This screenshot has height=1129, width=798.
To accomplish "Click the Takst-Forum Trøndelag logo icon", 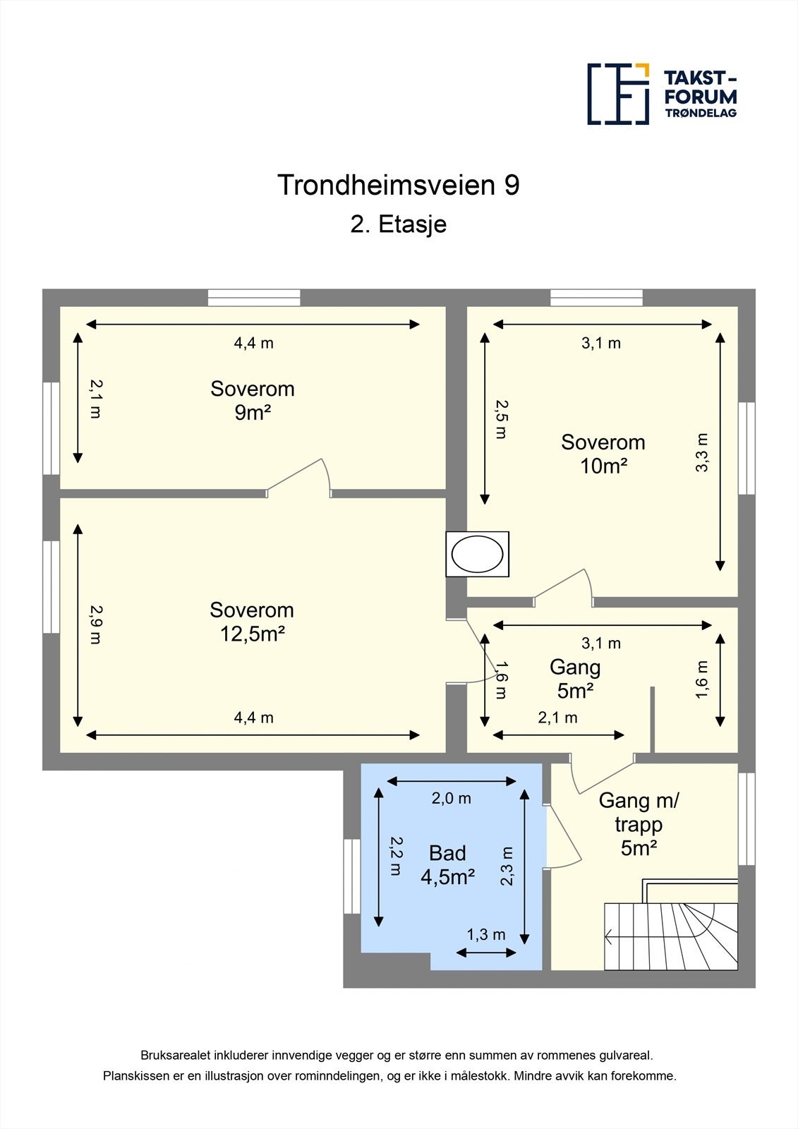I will (618, 94).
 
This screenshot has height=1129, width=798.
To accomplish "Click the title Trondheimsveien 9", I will (399, 185).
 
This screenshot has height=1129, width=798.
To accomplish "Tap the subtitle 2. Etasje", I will (399, 224).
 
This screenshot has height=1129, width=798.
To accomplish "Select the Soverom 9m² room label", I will (253, 400).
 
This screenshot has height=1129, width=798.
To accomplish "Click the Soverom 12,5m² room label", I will (252, 622).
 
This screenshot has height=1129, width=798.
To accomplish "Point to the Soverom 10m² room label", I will (603, 454).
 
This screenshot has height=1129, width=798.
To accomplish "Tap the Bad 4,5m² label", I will (447, 865).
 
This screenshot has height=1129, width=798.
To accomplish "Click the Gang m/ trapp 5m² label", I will (639, 824).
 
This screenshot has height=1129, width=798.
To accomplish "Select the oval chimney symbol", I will (478, 554).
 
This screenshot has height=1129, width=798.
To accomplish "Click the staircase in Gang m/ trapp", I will (670, 936).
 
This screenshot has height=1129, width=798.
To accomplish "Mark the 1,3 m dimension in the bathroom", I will (486, 935).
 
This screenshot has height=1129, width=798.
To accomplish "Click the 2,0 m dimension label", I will (452, 799).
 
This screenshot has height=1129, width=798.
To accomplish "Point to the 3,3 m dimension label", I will (701, 452).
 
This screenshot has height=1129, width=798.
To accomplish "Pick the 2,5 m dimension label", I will (500, 419).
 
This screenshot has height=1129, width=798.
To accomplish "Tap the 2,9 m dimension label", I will (95, 624).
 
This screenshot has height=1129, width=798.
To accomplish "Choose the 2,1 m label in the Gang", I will (557, 718).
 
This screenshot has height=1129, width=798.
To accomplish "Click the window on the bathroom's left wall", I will (352, 876).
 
